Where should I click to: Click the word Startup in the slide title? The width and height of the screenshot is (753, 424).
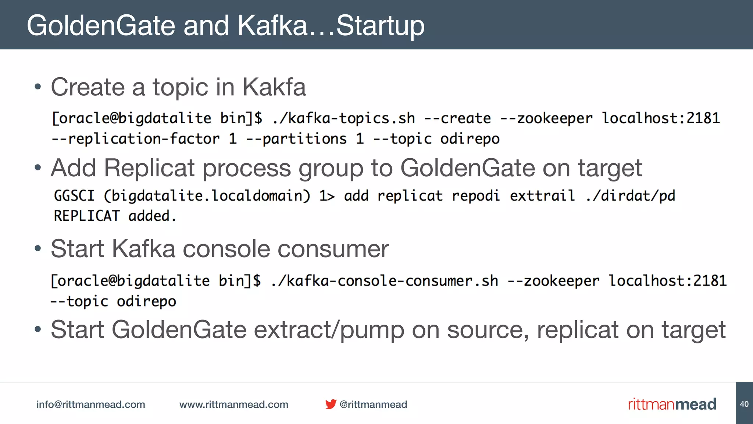[380, 26]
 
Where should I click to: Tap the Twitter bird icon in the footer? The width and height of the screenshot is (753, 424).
[331, 404]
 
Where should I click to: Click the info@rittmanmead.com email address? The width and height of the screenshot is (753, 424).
[90, 404]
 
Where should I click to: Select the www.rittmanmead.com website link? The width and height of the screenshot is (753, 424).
[233, 404]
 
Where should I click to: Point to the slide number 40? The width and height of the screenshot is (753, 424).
[744, 404]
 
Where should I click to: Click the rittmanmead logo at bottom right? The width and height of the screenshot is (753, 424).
[672, 404]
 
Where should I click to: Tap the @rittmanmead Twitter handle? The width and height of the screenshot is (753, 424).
[373, 404]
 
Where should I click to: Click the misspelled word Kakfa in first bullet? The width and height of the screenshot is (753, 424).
[274, 87]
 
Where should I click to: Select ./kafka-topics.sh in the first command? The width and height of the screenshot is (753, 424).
[343, 119]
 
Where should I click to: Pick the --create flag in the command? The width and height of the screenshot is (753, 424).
[457, 119]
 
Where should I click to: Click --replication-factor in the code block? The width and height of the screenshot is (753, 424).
[135, 139]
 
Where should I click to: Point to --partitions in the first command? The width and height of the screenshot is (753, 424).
[296, 139]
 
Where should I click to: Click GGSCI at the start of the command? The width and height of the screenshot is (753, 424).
[74, 196]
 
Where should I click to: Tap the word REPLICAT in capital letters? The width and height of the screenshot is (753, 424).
[87, 216]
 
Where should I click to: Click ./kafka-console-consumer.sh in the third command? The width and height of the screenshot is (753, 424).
[384, 281]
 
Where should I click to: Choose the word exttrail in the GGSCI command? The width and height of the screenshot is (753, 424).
[542, 196]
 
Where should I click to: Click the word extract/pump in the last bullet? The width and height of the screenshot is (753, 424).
[329, 330]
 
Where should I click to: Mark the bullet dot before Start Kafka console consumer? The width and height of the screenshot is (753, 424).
[38, 249]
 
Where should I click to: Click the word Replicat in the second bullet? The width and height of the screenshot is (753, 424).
[149, 168]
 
